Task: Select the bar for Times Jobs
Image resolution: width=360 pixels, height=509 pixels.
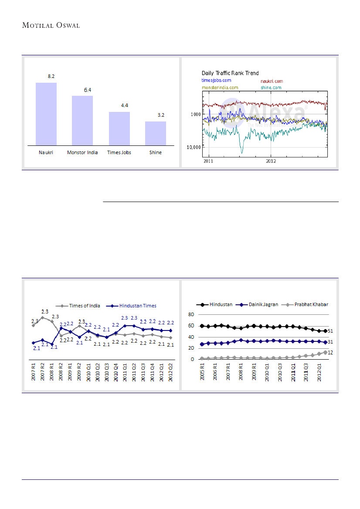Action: point(119,128)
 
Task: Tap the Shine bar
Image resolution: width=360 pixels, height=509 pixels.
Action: point(156,133)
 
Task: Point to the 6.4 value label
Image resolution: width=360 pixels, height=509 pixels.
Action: point(88,90)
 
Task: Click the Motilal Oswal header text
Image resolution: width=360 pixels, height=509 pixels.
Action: point(51,25)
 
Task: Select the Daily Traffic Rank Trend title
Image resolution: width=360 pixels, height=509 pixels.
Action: point(230,73)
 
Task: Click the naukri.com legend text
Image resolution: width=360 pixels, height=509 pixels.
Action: point(272,81)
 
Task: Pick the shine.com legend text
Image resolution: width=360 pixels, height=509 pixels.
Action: point(271,88)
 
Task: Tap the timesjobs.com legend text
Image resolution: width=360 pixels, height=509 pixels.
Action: point(216,81)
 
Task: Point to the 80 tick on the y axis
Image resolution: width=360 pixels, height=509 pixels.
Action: point(190,314)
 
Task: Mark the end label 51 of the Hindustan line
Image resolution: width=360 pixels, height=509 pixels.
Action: point(331,331)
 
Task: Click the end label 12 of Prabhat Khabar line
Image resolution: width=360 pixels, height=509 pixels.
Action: point(331,353)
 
